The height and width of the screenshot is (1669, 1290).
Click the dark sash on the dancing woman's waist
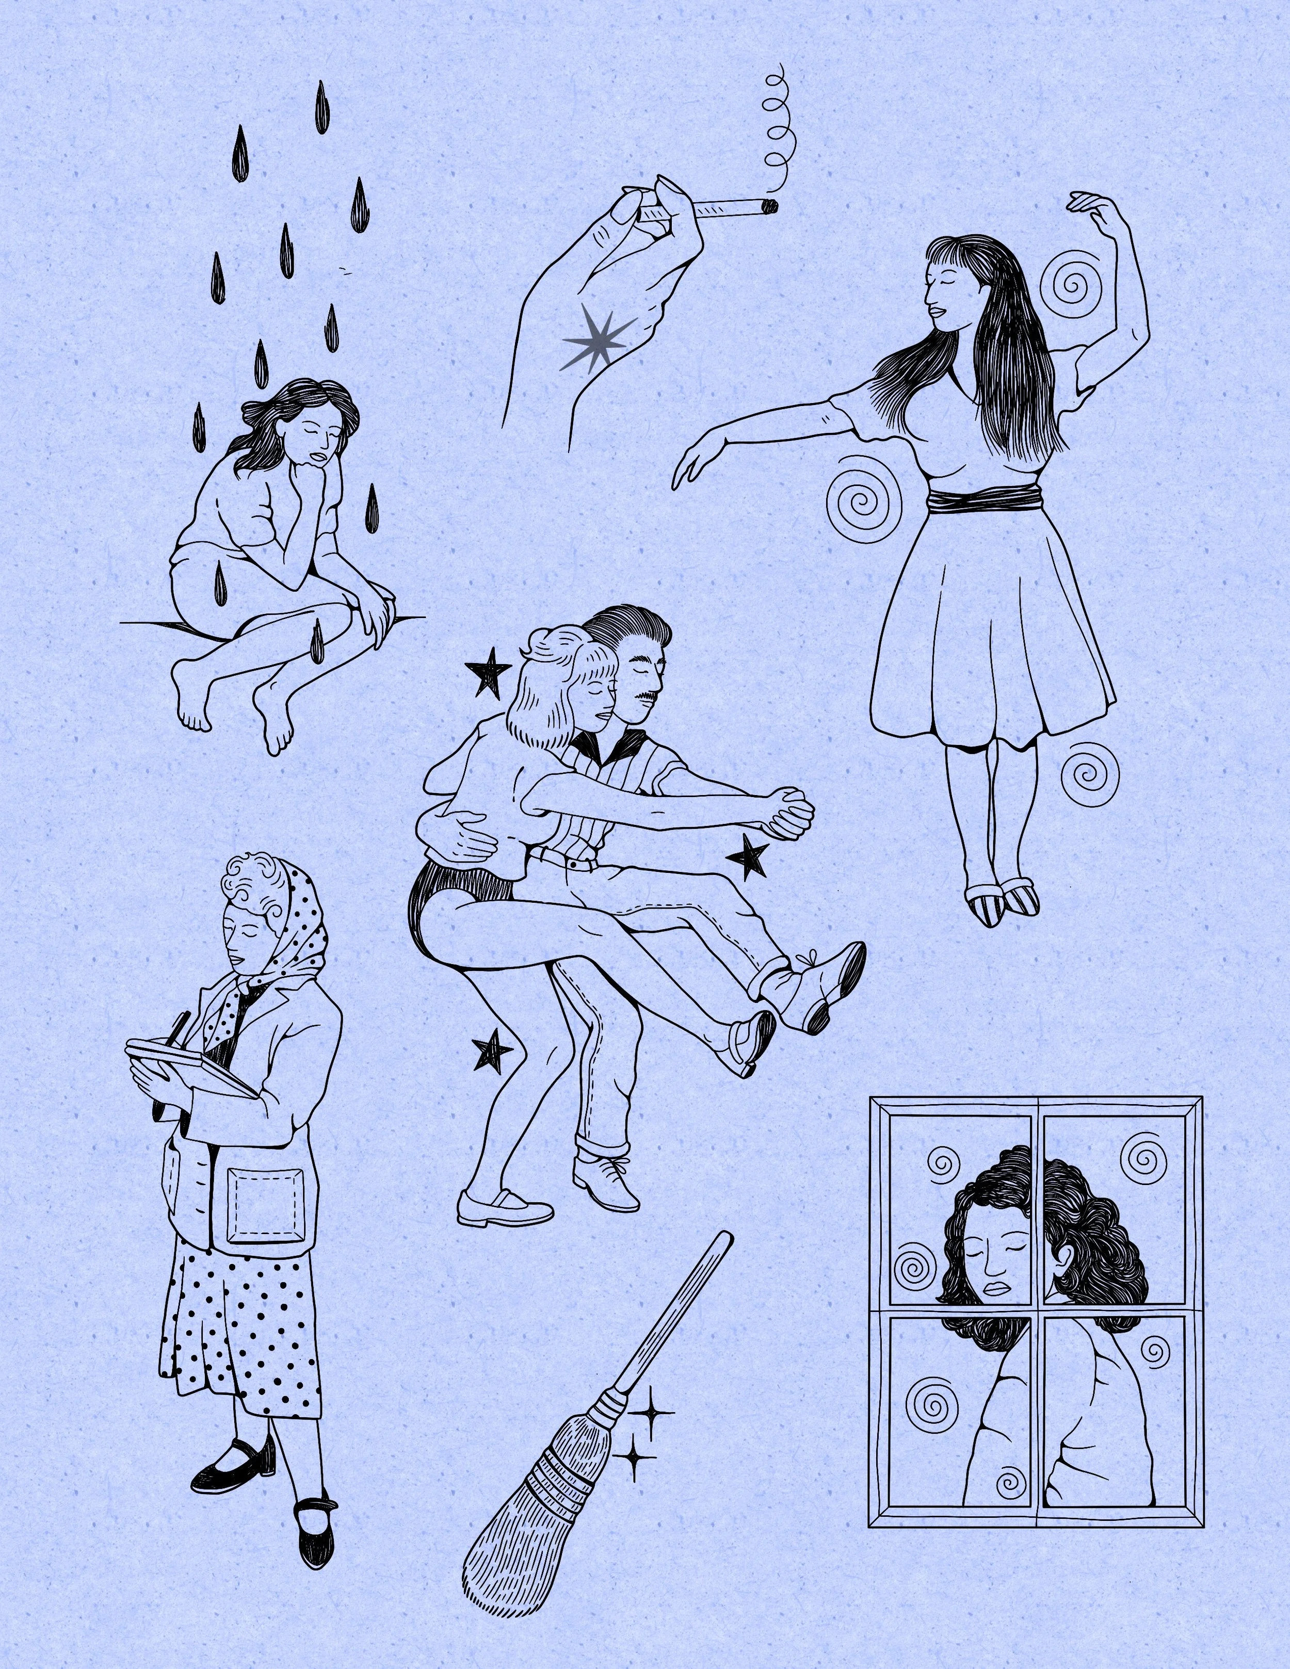(x=985, y=500)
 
